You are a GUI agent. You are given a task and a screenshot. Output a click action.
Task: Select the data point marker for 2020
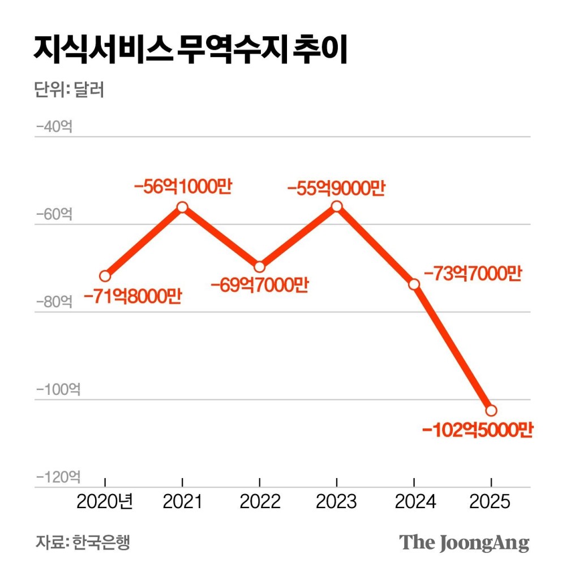click(105, 276)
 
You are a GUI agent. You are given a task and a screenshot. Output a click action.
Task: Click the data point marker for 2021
click(182, 207)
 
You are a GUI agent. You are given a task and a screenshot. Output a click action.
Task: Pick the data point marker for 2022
click(259, 266)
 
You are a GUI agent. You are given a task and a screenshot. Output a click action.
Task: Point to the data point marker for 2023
click(337, 206)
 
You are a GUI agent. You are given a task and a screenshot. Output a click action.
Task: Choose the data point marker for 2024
click(414, 283)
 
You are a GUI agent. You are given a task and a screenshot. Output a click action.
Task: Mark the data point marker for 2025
click(491, 410)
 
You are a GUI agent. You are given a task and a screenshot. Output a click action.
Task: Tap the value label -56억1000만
click(182, 187)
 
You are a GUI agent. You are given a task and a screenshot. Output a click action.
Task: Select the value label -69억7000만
click(259, 285)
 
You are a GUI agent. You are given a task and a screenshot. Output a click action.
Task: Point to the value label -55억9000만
click(336, 187)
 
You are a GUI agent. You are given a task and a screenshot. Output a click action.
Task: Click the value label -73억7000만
click(472, 274)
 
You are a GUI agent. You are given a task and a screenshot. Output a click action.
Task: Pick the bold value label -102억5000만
click(478, 430)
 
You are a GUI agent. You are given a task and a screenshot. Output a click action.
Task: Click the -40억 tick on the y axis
click(54, 126)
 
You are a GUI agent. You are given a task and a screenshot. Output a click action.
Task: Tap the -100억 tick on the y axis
click(58, 390)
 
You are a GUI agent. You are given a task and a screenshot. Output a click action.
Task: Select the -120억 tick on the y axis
click(58, 477)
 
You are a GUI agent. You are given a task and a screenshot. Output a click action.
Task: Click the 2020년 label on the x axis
click(105, 501)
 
